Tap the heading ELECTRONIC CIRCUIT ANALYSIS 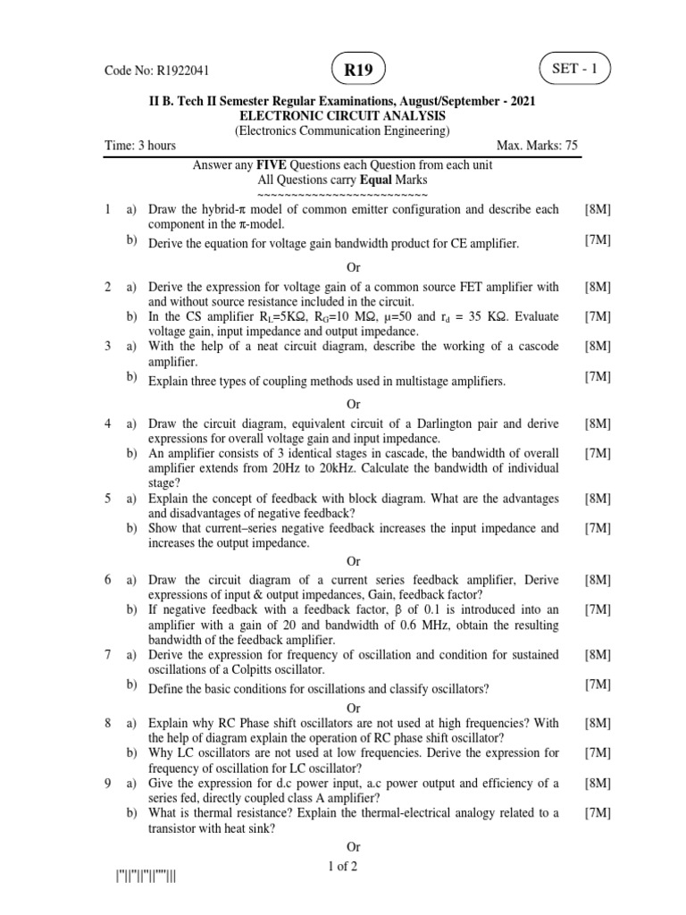pos(342,116)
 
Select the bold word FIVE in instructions pos(271,165)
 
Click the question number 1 pos(107,209)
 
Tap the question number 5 pos(107,498)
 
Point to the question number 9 pos(107,784)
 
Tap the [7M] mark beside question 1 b pos(598,241)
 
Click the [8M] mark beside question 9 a pos(598,784)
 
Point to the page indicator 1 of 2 pos(342,866)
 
